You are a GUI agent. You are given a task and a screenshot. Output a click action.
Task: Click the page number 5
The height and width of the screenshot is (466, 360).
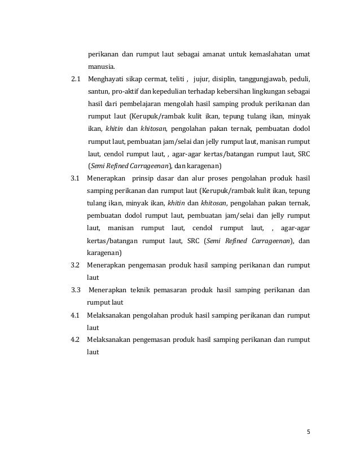pos(308,433)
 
